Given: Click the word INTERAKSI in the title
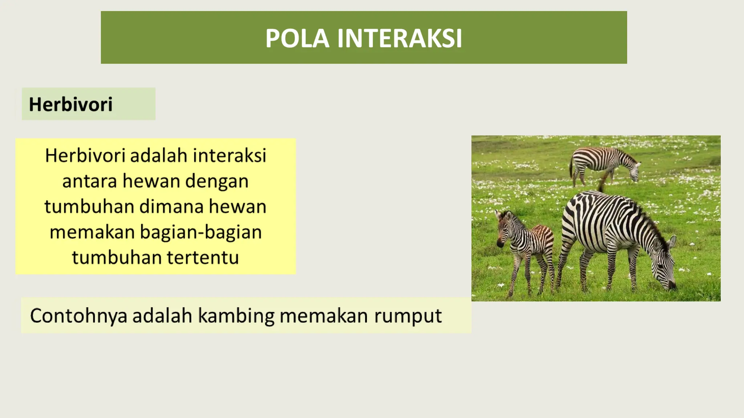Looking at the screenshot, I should tap(400, 38).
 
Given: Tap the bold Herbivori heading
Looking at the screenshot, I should tap(70, 104).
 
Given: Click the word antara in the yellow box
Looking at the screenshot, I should tap(90, 181).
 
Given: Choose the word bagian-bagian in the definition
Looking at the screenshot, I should tap(201, 232).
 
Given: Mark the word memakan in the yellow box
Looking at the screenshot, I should tap(92, 232).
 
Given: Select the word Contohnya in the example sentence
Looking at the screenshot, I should tap(78, 316).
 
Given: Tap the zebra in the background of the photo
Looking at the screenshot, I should tap(603, 161).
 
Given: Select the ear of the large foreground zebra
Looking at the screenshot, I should tap(672, 241).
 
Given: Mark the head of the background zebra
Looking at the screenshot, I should tap(635, 171).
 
